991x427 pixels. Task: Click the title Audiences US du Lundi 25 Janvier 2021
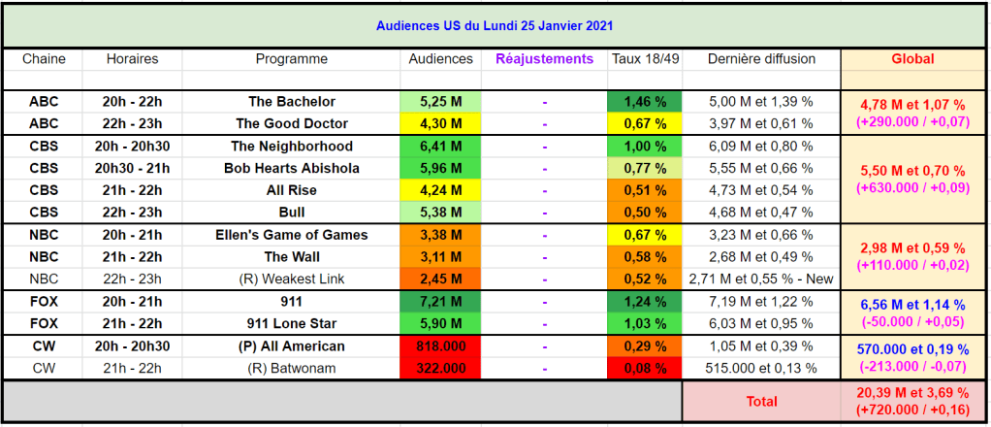pos(495,25)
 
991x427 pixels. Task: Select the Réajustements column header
pos(544,59)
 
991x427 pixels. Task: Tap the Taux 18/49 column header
pos(645,59)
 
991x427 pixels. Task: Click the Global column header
pos(912,59)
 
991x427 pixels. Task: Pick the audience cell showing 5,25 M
pos(440,101)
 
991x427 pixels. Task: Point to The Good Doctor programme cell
pos(291,123)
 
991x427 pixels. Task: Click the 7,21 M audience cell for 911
pos(440,301)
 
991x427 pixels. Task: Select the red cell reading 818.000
pos(440,345)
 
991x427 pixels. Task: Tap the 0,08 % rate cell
pos(645,368)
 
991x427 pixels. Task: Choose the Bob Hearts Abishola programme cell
pos(291,168)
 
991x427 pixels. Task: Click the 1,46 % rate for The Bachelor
pos(645,101)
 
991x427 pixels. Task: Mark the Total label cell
pos(761,401)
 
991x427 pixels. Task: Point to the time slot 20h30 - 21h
pos(132,168)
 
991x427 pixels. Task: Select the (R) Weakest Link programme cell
pos(291,279)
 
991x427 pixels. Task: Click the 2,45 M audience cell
pos(440,279)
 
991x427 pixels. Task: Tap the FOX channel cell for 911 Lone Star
pos(44,323)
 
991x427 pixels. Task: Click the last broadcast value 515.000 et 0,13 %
pos(761,368)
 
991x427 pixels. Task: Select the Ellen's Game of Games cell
pos(291,235)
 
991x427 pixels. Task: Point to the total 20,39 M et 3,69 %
pos(912,393)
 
